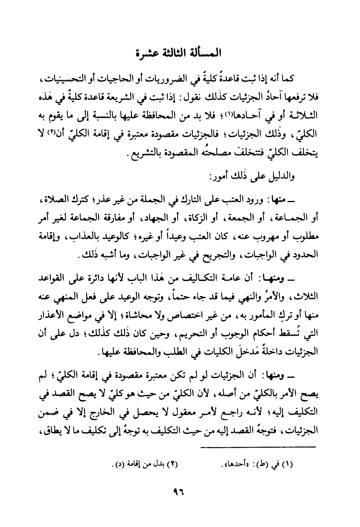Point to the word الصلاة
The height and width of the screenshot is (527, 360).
click(53, 201)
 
